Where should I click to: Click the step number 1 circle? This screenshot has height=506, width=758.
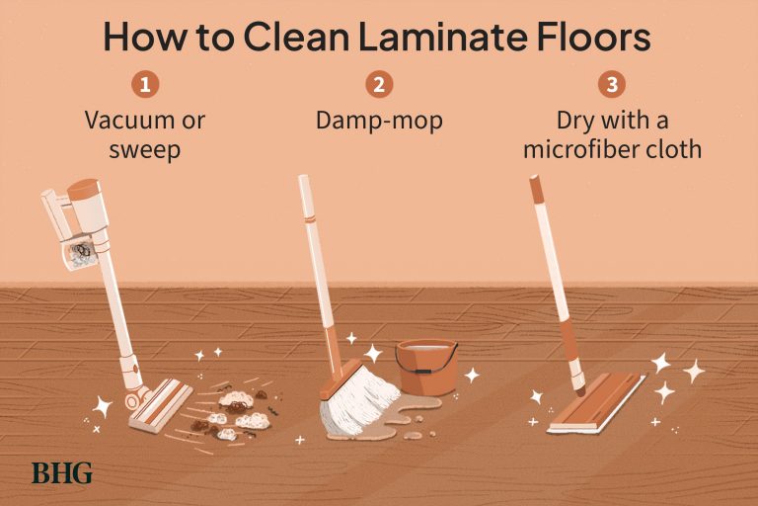click(x=145, y=84)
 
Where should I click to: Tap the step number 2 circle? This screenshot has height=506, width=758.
click(x=379, y=84)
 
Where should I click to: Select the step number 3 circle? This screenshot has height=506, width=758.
click(x=612, y=84)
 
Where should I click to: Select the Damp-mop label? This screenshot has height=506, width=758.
click(x=379, y=121)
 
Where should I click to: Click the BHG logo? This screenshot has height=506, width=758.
click(x=61, y=472)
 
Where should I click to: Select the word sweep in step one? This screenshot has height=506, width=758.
click(x=145, y=149)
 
